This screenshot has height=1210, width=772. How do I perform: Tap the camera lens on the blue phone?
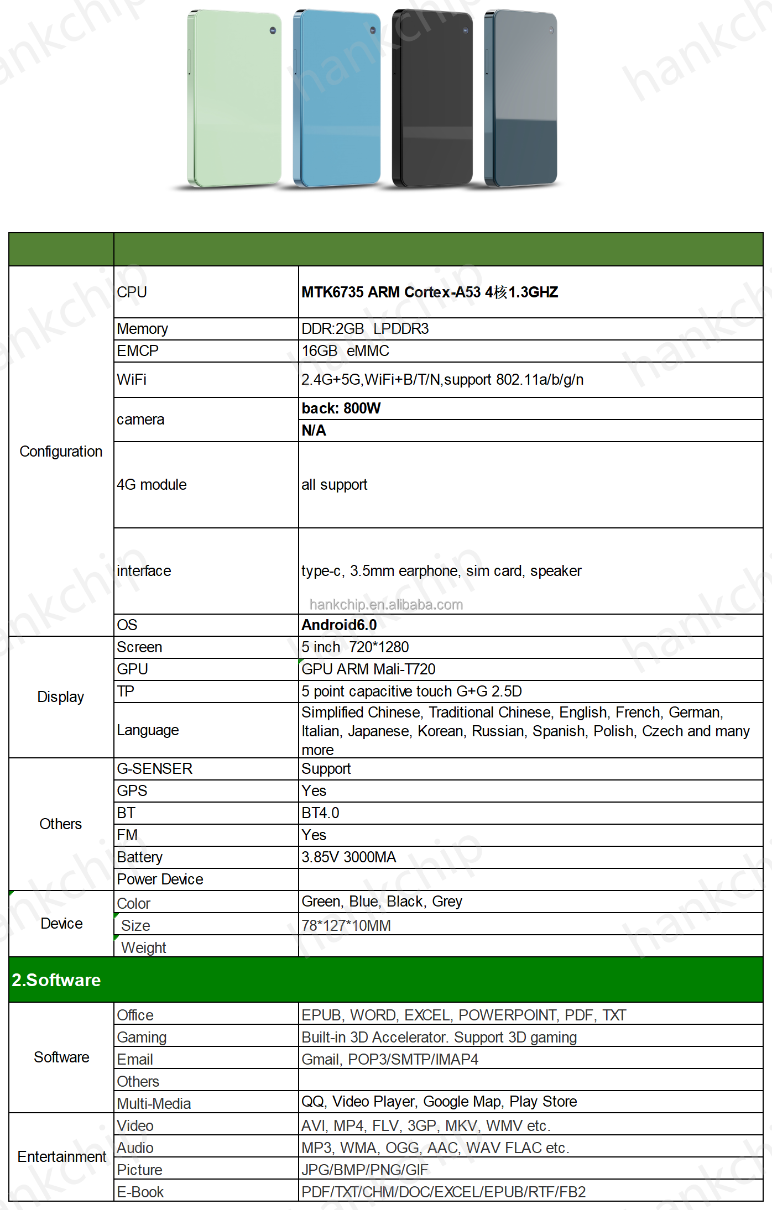click(372, 30)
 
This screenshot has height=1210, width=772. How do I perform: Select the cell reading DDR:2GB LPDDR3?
click(365, 329)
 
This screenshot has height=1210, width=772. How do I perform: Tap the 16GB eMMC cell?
click(345, 351)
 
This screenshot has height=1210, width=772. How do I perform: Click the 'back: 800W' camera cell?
click(341, 408)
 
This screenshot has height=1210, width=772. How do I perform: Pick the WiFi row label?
click(132, 380)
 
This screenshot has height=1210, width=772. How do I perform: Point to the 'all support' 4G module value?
click(334, 485)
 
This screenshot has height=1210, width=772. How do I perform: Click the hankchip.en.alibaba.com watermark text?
click(386, 605)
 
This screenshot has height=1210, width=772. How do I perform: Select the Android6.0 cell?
click(339, 625)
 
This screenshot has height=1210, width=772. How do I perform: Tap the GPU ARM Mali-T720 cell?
click(368, 669)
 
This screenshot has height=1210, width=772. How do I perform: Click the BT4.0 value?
click(320, 813)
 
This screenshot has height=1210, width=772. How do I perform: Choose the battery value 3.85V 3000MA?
click(348, 857)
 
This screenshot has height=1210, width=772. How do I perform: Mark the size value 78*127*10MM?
click(346, 925)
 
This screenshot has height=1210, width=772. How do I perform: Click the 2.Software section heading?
click(56, 980)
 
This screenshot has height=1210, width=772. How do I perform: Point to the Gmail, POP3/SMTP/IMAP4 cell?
click(389, 1060)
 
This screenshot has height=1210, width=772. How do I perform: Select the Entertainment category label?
click(61, 1157)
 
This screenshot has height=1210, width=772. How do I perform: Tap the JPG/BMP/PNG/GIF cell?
click(364, 1170)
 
